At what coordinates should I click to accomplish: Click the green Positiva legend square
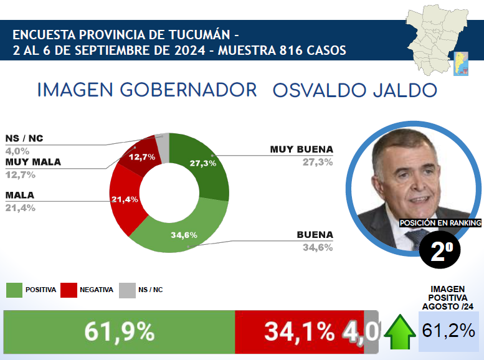tap(14, 290)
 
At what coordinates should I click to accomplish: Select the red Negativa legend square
tap(69, 290)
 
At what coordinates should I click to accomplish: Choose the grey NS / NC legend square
tap(126, 290)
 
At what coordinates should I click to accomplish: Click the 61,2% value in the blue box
tap(448, 331)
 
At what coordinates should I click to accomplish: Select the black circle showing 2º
tap(441, 250)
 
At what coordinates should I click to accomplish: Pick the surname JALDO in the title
tap(402, 90)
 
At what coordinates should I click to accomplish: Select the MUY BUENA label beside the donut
tap(301, 149)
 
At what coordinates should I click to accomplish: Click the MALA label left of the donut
tap(20, 195)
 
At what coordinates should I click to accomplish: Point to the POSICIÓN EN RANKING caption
tap(440, 222)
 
